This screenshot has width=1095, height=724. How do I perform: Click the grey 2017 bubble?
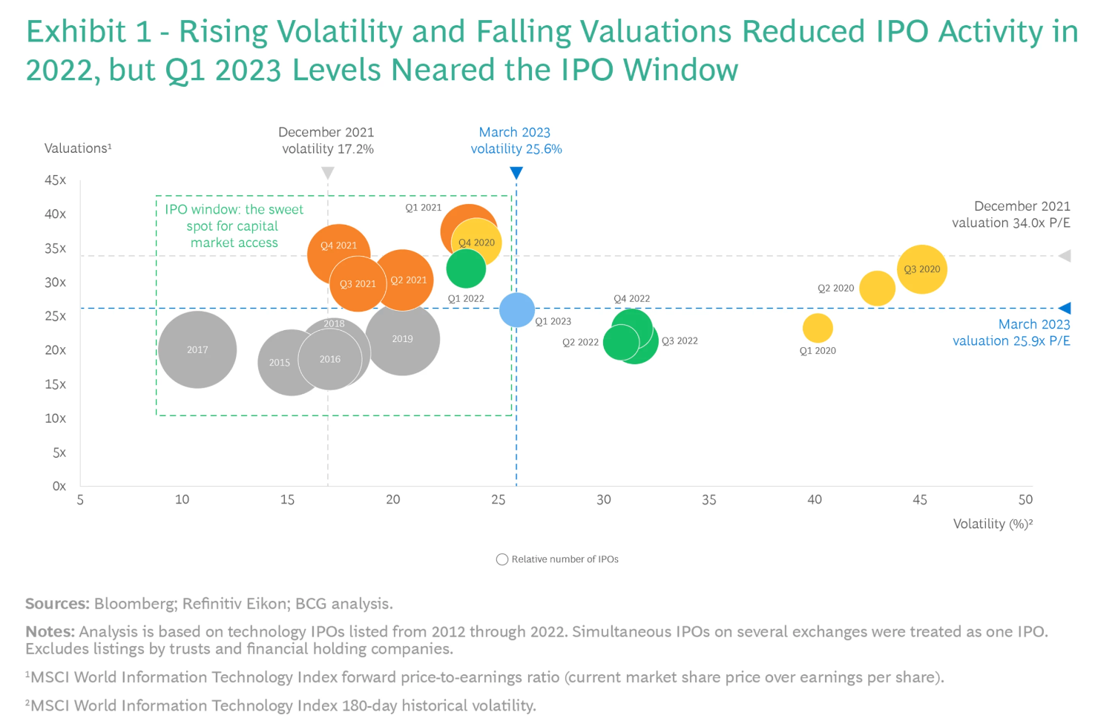[x=197, y=349]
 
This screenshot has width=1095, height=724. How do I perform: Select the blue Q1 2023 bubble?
[x=517, y=310]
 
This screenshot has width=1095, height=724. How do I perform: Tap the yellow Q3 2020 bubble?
[x=921, y=269]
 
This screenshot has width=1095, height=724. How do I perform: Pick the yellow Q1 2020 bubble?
[x=818, y=328]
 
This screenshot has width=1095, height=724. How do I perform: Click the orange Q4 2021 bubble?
[x=338, y=254]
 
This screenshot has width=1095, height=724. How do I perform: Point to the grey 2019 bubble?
[x=403, y=339]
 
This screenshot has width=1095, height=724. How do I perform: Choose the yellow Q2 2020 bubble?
[x=877, y=289]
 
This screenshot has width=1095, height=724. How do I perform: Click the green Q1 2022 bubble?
[x=466, y=269]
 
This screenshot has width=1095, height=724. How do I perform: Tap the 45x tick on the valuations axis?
[x=55, y=180]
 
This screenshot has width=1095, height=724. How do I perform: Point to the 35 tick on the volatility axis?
[x=708, y=500]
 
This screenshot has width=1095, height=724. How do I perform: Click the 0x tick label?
[x=59, y=487]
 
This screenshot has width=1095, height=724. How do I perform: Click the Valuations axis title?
[x=77, y=148]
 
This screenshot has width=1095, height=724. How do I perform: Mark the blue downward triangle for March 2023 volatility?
[x=516, y=173]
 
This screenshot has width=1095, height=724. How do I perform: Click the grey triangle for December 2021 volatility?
[x=327, y=173]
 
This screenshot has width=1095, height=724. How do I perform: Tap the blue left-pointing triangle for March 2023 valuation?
[x=1065, y=308]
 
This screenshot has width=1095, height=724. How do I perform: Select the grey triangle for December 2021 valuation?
[x=1065, y=256]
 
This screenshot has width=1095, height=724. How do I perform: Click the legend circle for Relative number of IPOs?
[x=502, y=559]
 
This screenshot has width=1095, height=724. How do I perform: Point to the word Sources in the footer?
[x=57, y=604]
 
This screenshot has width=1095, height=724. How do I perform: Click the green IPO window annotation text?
[x=234, y=226]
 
